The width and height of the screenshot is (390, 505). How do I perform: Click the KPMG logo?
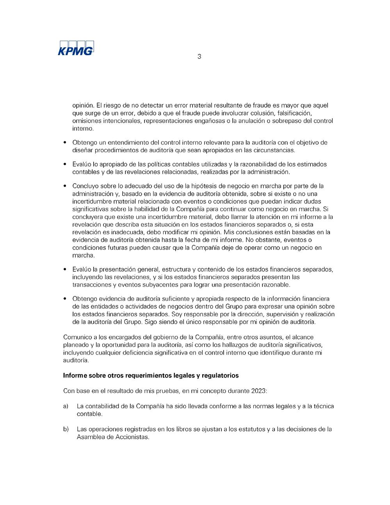click(x=76, y=48)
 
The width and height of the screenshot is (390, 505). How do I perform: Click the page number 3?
click(x=199, y=57)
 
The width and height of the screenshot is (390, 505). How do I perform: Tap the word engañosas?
click(x=209, y=121)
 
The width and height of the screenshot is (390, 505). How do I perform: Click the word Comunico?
click(x=77, y=337)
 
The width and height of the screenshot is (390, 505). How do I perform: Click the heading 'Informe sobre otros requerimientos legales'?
click(x=151, y=376)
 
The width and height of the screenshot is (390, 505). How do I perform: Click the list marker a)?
click(x=66, y=406)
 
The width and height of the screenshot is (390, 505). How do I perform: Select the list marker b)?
click(x=66, y=429)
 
